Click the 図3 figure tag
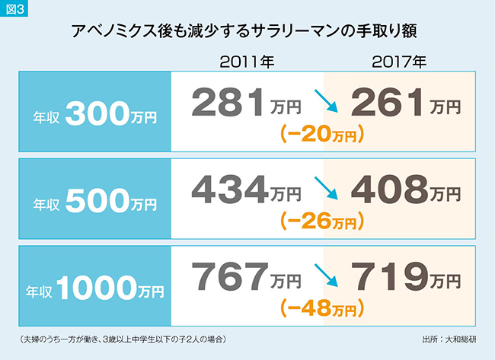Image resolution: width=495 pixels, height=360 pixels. tap(15, 9)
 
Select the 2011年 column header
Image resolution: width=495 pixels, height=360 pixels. tap(247, 62)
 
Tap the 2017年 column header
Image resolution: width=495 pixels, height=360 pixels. tap(399, 62)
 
